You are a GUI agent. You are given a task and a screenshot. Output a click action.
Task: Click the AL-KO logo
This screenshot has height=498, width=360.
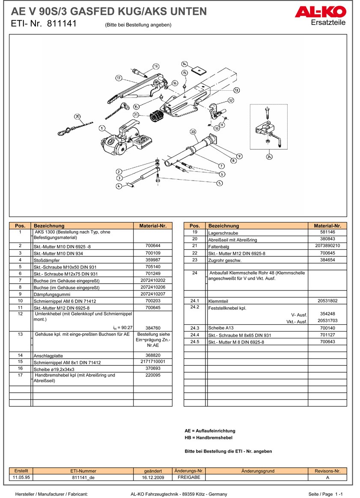320,12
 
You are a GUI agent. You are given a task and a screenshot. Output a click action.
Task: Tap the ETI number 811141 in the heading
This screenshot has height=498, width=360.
62,24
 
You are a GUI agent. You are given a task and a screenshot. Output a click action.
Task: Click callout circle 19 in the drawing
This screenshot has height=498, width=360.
155,66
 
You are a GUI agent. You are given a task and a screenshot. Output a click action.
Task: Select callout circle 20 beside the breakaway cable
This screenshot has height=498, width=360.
77,116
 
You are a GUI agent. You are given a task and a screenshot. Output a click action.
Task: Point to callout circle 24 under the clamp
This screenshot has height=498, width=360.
268,157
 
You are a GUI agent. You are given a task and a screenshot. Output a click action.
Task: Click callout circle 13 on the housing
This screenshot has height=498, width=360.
236,90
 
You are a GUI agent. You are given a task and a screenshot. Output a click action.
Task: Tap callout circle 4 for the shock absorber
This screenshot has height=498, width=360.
119,186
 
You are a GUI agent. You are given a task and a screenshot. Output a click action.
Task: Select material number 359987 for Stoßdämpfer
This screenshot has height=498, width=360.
152,260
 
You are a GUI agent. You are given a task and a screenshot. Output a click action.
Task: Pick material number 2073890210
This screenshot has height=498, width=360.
327,246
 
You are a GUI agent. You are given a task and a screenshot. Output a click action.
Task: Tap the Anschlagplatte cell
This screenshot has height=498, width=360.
83,356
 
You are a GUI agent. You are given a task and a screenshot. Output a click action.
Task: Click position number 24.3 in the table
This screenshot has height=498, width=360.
195,328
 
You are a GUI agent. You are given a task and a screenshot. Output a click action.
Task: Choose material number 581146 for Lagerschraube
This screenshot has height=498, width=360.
327,232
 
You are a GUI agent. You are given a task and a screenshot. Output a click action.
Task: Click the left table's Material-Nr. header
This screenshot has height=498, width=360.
152,225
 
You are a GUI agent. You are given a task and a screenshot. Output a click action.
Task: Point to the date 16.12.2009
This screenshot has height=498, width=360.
153,477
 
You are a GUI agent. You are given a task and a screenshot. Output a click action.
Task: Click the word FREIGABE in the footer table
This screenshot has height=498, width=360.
189,477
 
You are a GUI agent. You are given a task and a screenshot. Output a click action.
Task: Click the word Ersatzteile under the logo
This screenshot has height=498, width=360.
328,23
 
